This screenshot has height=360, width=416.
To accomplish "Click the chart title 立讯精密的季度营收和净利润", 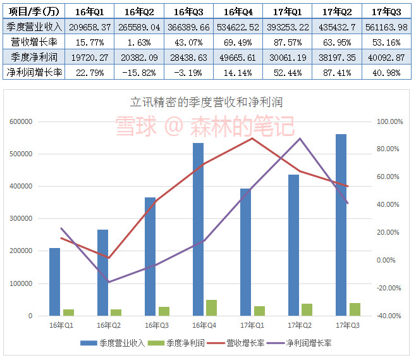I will click(x=205, y=102).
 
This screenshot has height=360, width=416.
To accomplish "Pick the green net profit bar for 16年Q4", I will click(x=212, y=307).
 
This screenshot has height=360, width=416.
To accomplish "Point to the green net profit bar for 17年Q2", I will click(x=307, y=309).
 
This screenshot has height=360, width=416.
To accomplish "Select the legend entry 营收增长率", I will click(x=240, y=343).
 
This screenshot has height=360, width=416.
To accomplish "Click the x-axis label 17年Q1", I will click(x=252, y=325).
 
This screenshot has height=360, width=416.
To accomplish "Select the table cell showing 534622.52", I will click(x=238, y=27).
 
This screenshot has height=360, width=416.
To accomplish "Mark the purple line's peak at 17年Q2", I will click(x=300, y=139).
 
